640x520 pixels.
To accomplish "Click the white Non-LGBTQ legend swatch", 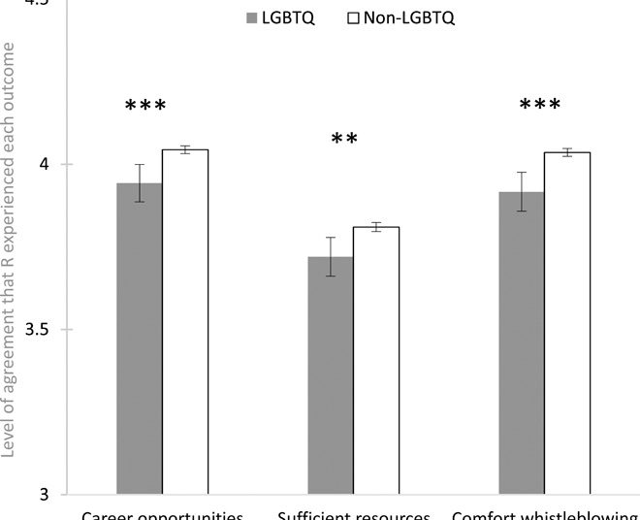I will point(354,18).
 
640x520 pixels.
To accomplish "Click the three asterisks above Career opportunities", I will point(145,106).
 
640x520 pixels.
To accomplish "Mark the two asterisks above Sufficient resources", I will point(344,140).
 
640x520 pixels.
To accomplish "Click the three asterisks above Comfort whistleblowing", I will point(540,105).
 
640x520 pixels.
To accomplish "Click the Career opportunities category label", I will point(162,514).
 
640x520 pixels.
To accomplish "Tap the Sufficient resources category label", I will point(353,514).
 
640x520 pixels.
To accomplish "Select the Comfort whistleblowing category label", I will point(545,514).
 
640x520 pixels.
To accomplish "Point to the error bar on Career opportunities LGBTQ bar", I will point(140,183).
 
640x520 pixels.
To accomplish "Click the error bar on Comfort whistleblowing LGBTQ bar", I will point(522,191).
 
